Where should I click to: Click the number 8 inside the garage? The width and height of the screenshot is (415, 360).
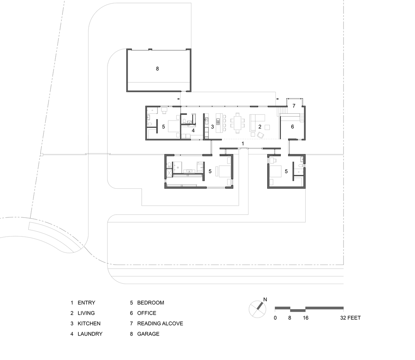(157, 68)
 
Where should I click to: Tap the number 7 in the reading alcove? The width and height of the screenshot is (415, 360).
(294, 106)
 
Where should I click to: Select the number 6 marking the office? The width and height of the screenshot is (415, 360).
(292, 127)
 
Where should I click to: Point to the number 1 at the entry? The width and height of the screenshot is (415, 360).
(243, 144)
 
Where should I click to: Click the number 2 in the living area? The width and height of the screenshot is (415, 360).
(259, 127)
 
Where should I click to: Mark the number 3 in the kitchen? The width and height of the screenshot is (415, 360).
(213, 127)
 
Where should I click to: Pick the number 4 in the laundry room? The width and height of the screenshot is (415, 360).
(193, 130)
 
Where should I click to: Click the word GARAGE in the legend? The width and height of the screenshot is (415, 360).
(148, 334)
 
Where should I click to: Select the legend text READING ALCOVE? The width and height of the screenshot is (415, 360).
(160, 323)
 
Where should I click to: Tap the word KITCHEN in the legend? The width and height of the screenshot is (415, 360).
(89, 323)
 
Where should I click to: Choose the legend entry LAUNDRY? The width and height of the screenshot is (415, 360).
(90, 334)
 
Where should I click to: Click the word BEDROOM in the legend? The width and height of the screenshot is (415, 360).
(150, 303)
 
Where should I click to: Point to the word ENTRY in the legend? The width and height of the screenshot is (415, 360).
(86, 303)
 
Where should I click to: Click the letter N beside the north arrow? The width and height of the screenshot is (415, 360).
(265, 299)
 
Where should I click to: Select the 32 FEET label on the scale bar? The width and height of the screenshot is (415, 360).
(351, 318)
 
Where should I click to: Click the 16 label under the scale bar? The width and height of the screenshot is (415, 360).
(305, 318)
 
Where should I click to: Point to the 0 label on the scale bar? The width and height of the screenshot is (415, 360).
(275, 318)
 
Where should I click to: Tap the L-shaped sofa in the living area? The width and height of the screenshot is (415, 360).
(256, 119)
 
